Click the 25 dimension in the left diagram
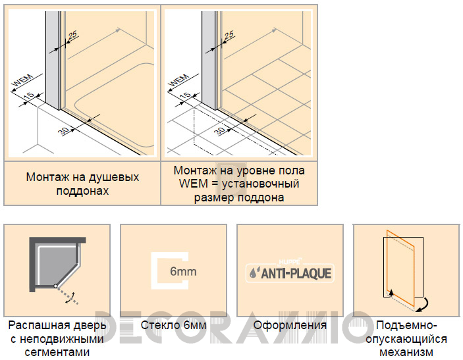72,36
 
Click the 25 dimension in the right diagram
229,36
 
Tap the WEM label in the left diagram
23,80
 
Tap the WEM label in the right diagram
179,80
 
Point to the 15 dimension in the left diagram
29,96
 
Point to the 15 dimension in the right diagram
186,96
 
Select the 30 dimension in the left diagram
64,131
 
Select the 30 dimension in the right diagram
221,131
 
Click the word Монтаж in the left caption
45,177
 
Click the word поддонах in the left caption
83,191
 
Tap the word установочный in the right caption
260,184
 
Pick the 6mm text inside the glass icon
183,271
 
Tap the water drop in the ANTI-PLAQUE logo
253,272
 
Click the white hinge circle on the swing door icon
55,286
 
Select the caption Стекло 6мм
173,325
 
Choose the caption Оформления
290,325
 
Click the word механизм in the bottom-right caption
406,352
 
